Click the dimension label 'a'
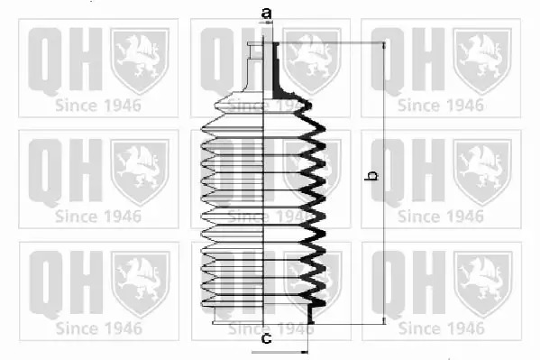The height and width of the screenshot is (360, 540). coord(266,14)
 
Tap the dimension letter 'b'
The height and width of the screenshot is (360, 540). coord(371,175)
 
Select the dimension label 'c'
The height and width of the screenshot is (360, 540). coord(267,338)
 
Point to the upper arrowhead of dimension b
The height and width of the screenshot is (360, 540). coord(384,46)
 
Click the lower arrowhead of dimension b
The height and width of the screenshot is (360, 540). coord(384,320)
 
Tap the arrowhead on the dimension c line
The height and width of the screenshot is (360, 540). coord(305,352)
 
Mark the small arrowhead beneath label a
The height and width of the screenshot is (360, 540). coord(269,23)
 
